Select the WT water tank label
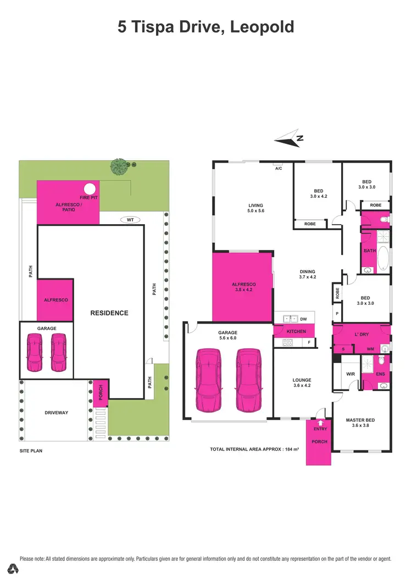click(x=130, y=220)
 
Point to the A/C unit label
click(x=279, y=168)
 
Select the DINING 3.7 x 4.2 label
click(x=307, y=274)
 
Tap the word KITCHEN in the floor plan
click(x=296, y=331)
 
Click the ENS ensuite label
click(x=380, y=374)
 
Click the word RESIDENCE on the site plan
click(x=109, y=313)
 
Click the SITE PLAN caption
click(x=31, y=450)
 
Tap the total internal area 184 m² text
click(x=254, y=449)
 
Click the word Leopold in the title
click(x=263, y=26)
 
